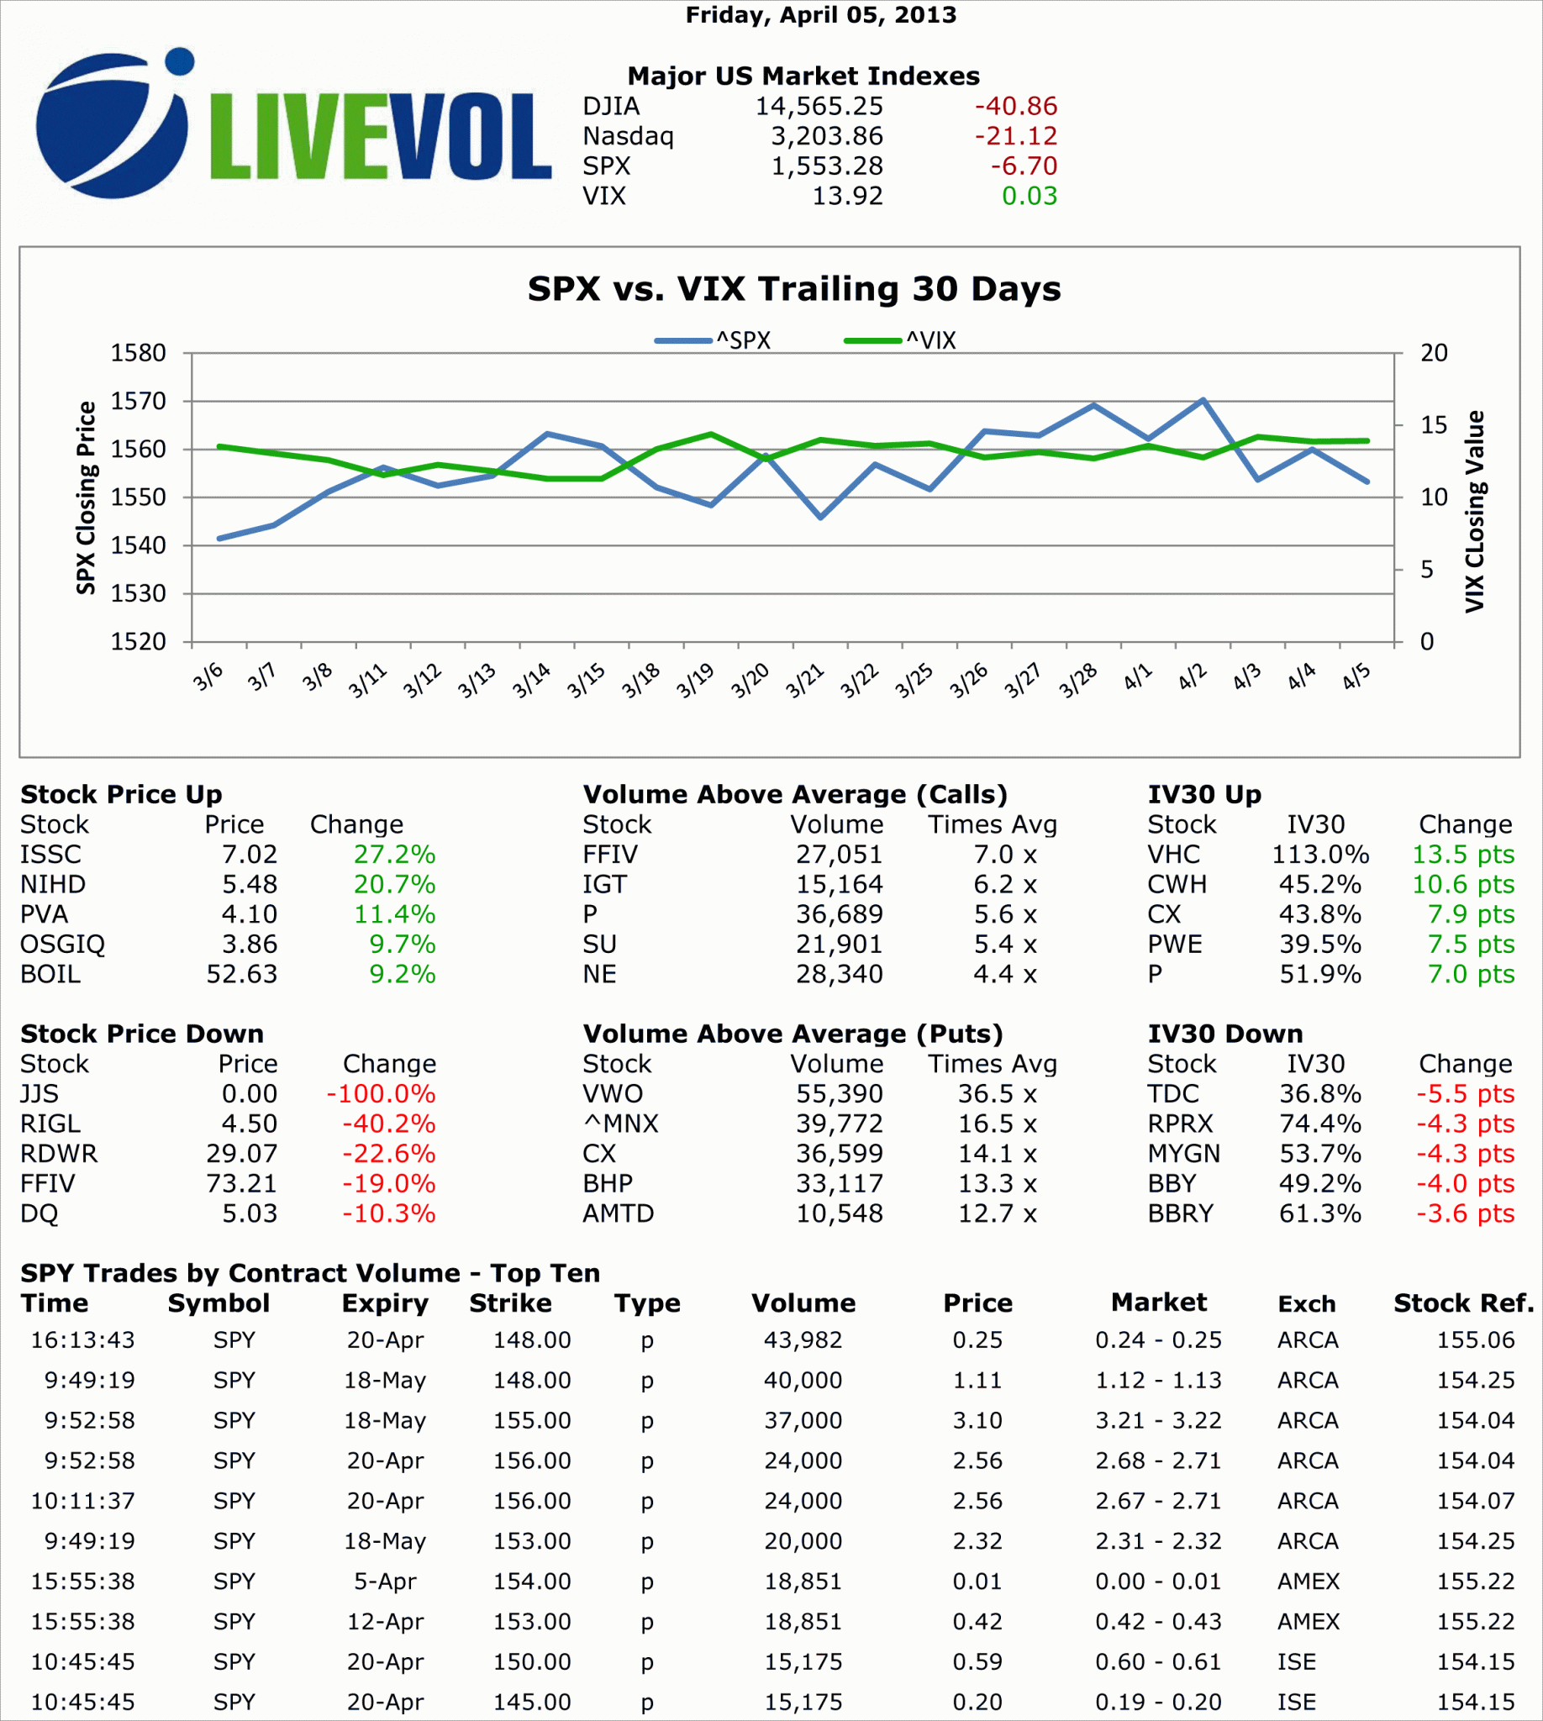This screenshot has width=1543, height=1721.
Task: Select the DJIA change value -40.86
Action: pyautogui.click(x=1015, y=106)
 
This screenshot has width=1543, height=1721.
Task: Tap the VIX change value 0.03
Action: pyautogui.click(x=1030, y=196)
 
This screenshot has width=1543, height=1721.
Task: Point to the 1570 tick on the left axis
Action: pyautogui.click(x=138, y=401)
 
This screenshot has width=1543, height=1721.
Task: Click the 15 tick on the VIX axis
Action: pyautogui.click(x=1434, y=424)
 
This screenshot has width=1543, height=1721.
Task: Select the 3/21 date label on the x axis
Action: pyautogui.click(x=803, y=681)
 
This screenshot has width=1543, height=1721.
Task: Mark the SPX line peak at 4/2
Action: pyautogui.click(x=1202, y=399)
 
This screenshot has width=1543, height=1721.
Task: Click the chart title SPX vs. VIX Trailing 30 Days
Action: pyautogui.click(x=793, y=289)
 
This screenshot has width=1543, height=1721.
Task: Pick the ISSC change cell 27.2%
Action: pyautogui.click(x=394, y=855)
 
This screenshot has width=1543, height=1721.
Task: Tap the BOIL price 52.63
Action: pyautogui.click(x=242, y=974)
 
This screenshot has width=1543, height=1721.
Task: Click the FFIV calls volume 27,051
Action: pyautogui.click(x=839, y=855)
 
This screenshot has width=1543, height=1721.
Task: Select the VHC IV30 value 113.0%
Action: pyautogui.click(x=1319, y=855)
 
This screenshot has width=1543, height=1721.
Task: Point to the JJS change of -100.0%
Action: pyautogui.click(x=381, y=1093)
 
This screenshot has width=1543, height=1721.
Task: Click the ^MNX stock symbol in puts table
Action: pyautogui.click(x=619, y=1124)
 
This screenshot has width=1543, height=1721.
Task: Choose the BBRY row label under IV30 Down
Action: pyautogui.click(x=1180, y=1213)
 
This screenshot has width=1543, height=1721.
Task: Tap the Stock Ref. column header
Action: pyautogui.click(x=1463, y=1303)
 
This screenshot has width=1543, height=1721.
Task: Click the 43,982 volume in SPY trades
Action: pyautogui.click(x=803, y=1340)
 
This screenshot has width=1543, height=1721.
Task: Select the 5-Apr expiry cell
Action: pyautogui.click(x=385, y=1582)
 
